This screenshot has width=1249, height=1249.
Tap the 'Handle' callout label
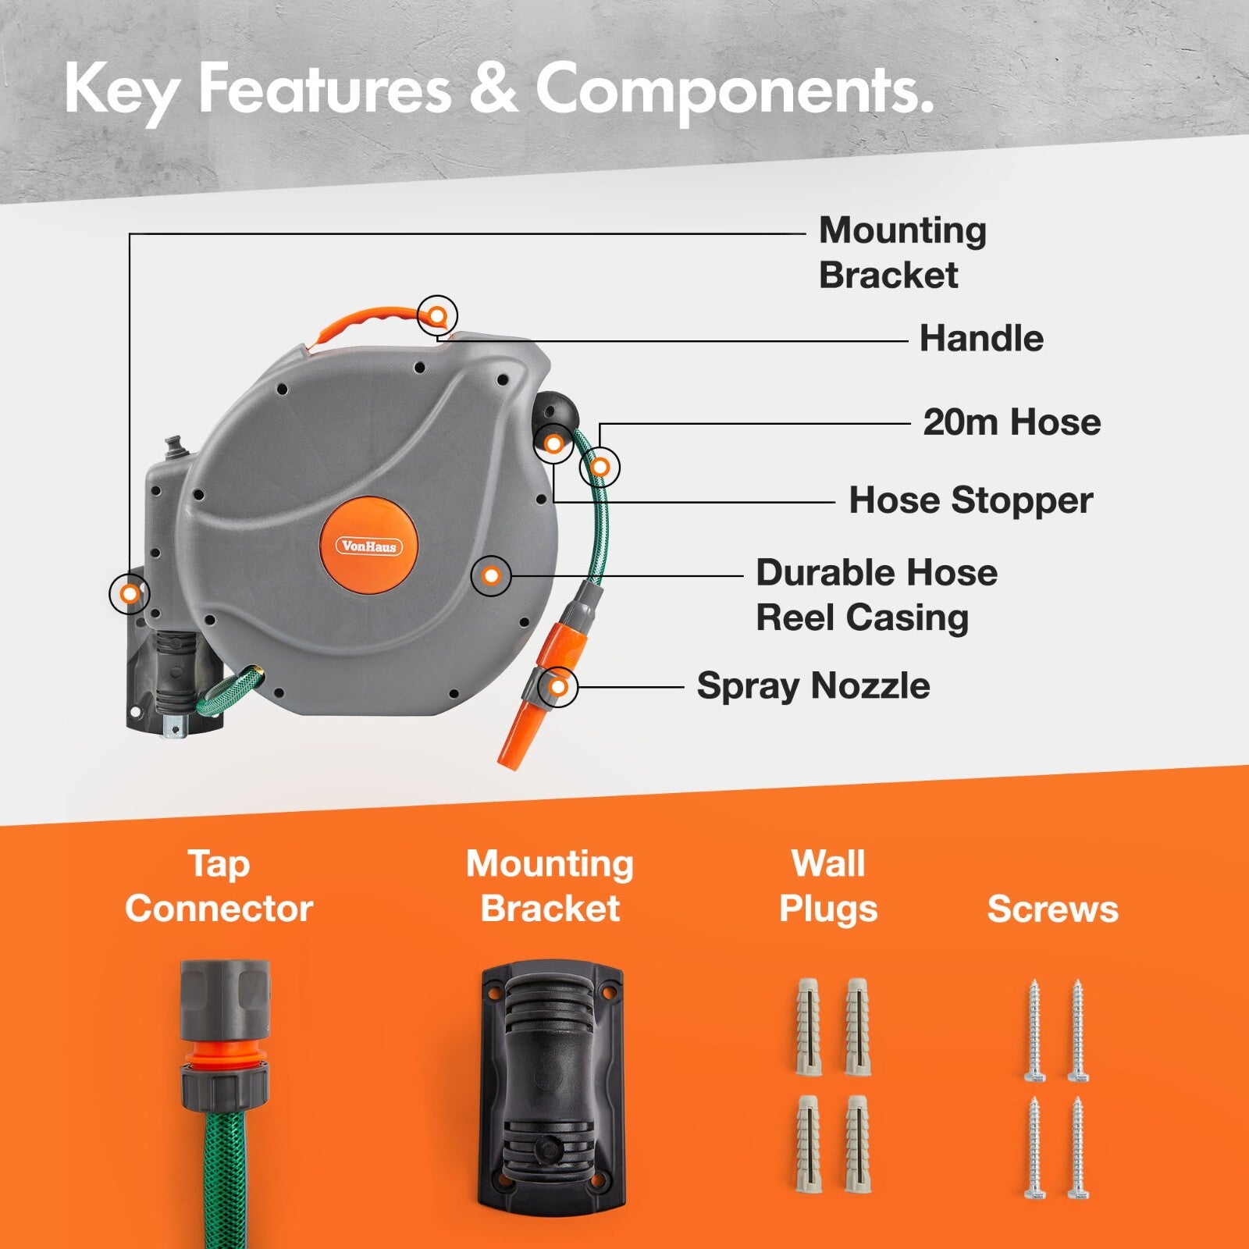(981, 339)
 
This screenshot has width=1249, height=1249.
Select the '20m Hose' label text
(1012, 422)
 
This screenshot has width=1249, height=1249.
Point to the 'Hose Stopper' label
(970, 500)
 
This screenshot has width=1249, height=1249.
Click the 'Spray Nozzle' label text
(813, 686)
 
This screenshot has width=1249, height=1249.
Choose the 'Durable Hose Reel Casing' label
(877, 595)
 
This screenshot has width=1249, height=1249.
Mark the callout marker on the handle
(437, 316)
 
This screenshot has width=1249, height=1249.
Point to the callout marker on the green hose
(600, 468)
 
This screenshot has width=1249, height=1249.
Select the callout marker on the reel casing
(492, 576)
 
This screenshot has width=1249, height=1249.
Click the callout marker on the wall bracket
(130, 594)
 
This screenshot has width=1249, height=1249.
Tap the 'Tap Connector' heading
(219, 886)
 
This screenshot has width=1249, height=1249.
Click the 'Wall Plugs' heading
(828, 886)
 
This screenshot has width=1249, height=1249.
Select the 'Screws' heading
(1052, 909)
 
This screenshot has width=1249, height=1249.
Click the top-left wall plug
(809, 1025)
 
